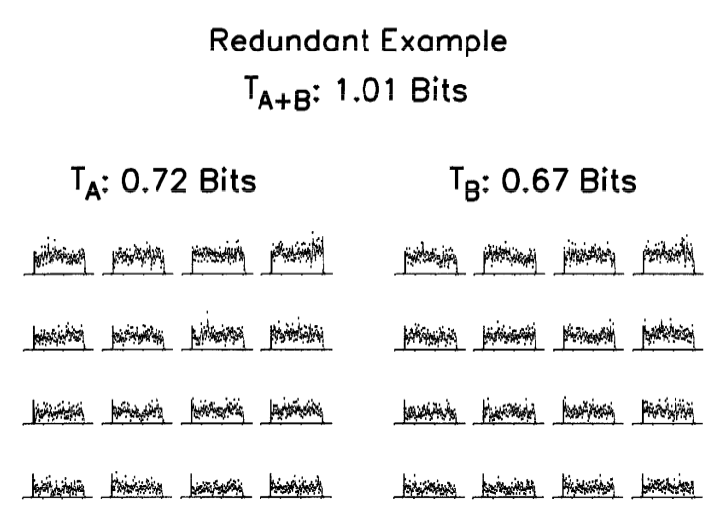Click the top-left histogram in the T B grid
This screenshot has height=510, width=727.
pyautogui.click(x=431, y=258)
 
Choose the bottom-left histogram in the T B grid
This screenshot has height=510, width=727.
pyautogui.click(x=431, y=486)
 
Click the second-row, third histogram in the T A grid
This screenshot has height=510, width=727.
pyautogui.click(x=218, y=334)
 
